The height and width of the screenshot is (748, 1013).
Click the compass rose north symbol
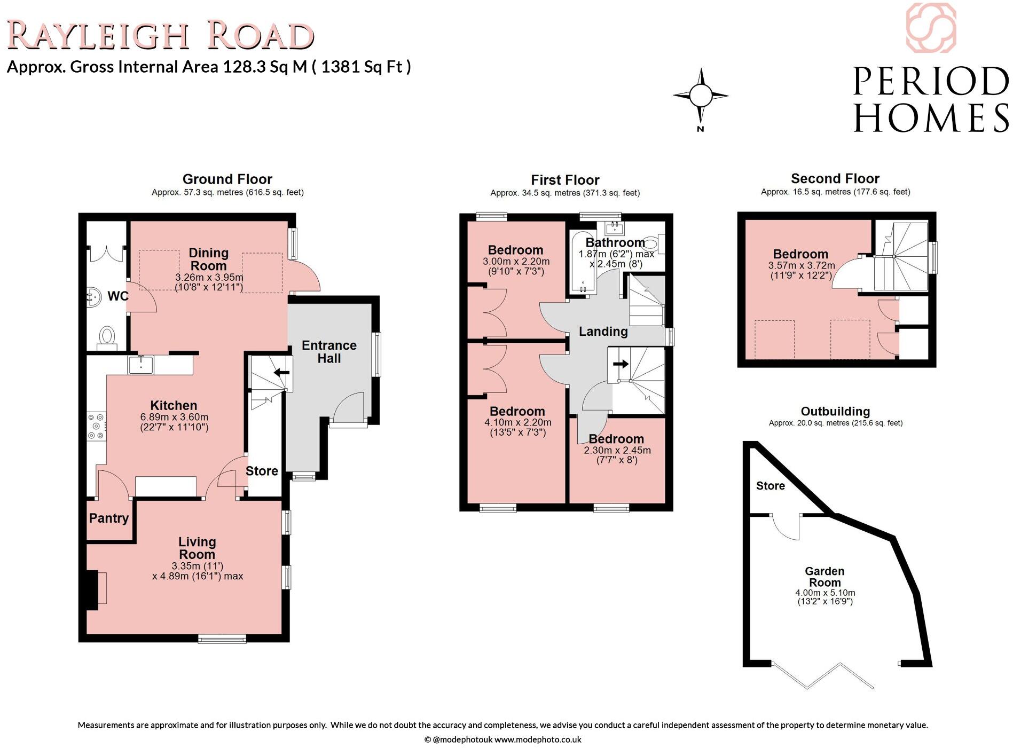(701, 97)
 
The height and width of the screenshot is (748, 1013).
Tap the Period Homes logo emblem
(931, 28)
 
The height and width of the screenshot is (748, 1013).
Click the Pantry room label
(109, 518)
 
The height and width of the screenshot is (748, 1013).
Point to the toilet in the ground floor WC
(107, 337)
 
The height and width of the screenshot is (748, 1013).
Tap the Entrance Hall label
(329, 352)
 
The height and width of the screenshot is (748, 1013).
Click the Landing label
(603, 332)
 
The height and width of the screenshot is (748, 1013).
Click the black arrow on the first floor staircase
(621, 364)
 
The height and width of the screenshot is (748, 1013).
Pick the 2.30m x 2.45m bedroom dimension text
(617, 451)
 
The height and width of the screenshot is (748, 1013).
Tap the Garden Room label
(824, 577)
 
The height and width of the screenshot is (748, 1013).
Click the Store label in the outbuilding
(770, 486)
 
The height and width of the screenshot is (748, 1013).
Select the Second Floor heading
(835, 179)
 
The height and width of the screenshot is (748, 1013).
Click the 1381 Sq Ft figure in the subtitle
(366, 67)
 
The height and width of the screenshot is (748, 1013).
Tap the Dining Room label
(208, 259)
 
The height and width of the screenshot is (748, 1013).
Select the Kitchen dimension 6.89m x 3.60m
(174, 417)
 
